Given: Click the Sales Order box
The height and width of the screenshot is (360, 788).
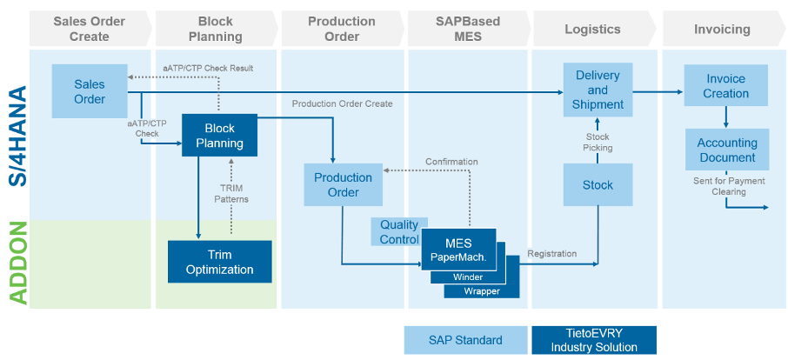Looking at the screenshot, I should tap(90, 91).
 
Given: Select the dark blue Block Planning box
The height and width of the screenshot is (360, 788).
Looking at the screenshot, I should tap(219, 135).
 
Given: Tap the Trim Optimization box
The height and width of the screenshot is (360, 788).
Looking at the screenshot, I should tap(219, 262).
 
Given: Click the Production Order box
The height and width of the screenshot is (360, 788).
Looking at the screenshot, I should tap(343, 184).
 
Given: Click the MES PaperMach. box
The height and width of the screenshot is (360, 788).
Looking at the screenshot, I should tap(458, 250).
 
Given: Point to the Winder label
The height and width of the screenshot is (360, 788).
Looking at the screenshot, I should tap(468, 277).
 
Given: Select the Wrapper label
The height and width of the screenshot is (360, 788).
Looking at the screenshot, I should tap(482, 291).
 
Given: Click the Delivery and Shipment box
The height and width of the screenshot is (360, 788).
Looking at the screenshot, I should tap(598, 90).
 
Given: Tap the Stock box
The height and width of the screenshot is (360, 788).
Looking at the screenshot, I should tap(598, 184).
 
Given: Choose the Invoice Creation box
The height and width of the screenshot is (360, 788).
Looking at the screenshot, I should tap(726, 86).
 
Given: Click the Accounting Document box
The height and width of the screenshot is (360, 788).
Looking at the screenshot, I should tap(726, 150).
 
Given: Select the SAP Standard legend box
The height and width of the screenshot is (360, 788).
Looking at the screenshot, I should tap(465, 340).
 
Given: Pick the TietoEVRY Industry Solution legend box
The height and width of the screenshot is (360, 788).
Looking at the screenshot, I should tap(594, 340).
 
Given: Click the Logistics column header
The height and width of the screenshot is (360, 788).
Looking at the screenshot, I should tap(592, 30).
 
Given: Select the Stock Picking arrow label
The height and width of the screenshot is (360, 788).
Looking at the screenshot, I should tap(597, 142).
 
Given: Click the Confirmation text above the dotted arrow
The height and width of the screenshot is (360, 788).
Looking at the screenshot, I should tap(451, 161).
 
